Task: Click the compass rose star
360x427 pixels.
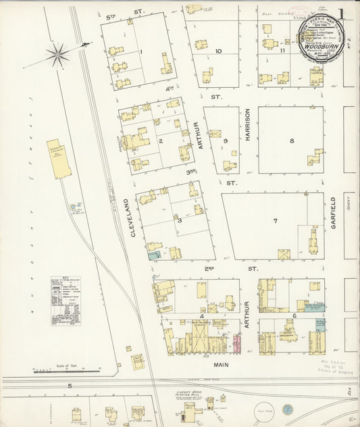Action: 57,55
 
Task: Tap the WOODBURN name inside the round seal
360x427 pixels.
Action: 319,48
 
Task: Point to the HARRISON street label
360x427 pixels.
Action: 248,125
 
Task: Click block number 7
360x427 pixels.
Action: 275,221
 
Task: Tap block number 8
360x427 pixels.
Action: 292,141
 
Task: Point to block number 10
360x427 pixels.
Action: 218,51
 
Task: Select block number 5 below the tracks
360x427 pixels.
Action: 69,386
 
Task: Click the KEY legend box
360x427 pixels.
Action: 66,301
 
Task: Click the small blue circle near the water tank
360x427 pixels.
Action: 288,409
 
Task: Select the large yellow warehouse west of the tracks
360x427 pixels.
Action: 59,159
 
